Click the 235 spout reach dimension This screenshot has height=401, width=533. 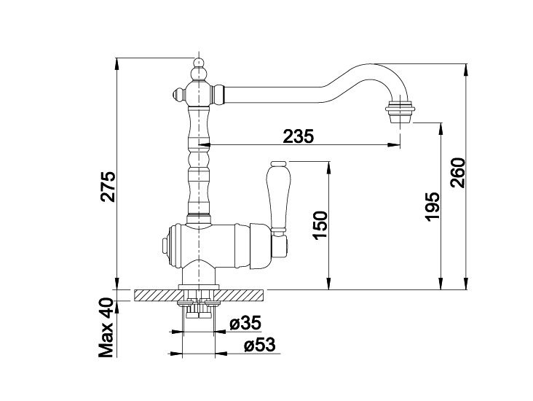[299, 136]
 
